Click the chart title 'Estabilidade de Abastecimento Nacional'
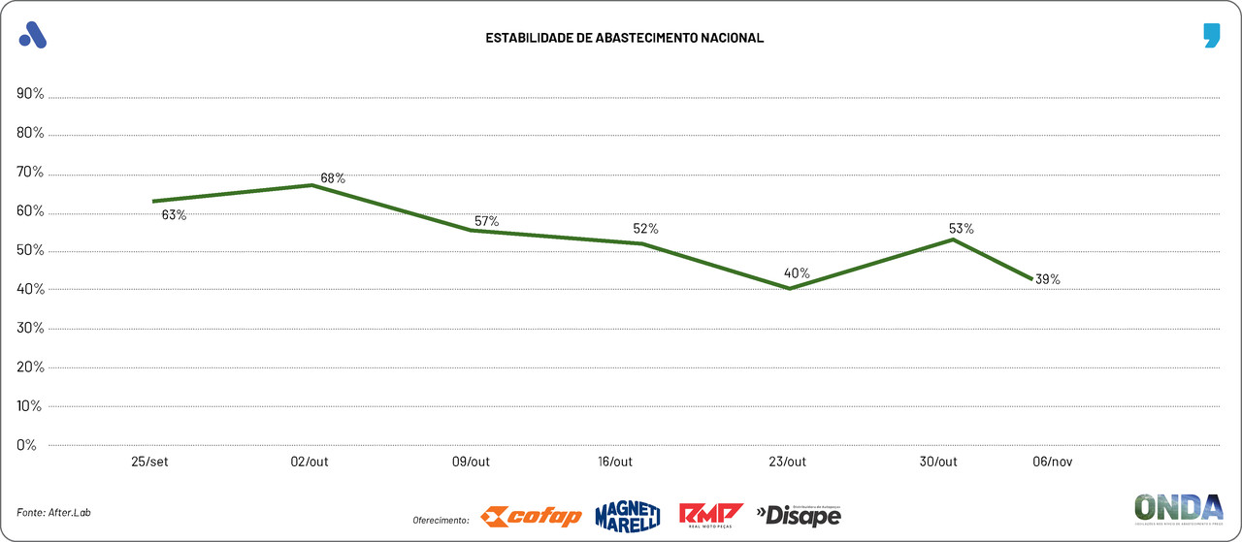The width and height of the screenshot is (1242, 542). [x=624, y=38]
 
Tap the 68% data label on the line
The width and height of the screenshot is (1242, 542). [x=333, y=178]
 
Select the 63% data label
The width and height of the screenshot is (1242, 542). [x=174, y=215]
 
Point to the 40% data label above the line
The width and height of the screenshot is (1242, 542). [x=798, y=273]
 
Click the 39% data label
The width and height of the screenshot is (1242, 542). [x=1047, y=279]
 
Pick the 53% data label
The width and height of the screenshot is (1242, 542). [x=961, y=229]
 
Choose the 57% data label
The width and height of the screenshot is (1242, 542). [x=486, y=222]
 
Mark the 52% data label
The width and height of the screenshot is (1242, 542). [x=645, y=229]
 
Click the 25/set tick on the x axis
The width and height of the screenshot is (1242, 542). [x=150, y=462]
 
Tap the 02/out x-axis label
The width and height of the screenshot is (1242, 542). [x=310, y=462]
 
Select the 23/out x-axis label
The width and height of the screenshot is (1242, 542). [x=787, y=462]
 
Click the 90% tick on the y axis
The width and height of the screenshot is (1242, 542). [x=30, y=94]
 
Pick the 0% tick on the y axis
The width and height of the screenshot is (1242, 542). [x=26, y=445]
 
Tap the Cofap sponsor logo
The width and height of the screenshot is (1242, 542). [x=532, y=517]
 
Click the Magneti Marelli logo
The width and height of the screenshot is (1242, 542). [x=627, y=516]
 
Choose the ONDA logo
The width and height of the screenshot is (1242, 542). [x=1178, y=509]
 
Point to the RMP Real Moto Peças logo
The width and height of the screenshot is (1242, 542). [x=710, y=515]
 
